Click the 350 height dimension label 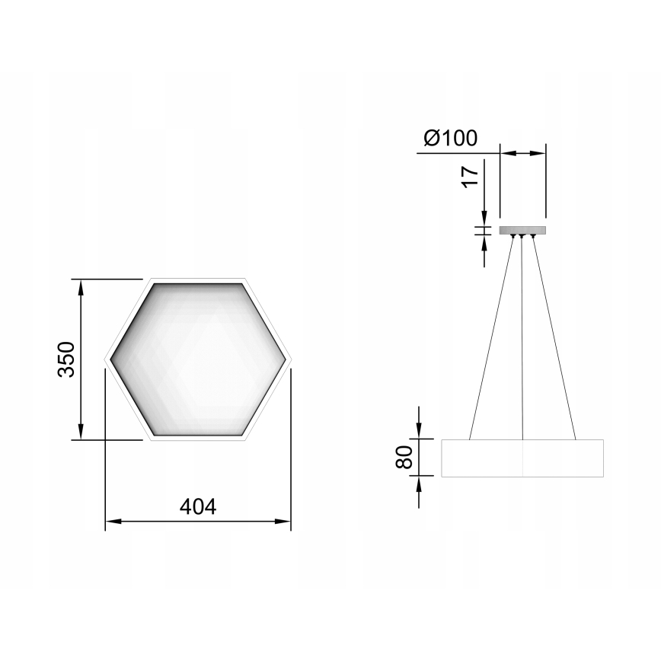click(66, 359)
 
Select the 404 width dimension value click(198, 506)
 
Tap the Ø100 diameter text click(450, 138)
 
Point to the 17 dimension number click(470, 175)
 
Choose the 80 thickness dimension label click(404, 457)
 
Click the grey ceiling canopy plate click(522, 230)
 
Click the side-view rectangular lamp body click(522, 458)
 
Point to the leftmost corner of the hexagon click(106, 359)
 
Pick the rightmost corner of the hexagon click(291, 359)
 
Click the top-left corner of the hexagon click(152, 279)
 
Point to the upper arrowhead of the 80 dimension click(418, 433)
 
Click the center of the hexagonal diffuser click(198, 359)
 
